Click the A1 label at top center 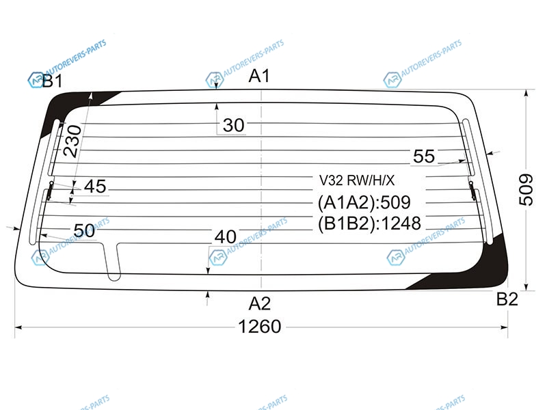[x=259, y=76]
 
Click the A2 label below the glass [x=260, y=303]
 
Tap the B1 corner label [x=53, y=81]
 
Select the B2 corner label [x=507, y=299]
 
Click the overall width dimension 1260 [x=260, y=327]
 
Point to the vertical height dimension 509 [x=526, y=190]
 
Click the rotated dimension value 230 [x=72, y=141]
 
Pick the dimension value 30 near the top [x=233, y=125]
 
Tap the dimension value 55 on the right [x=424, y=156]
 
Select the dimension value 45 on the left [x=95, y=186]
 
